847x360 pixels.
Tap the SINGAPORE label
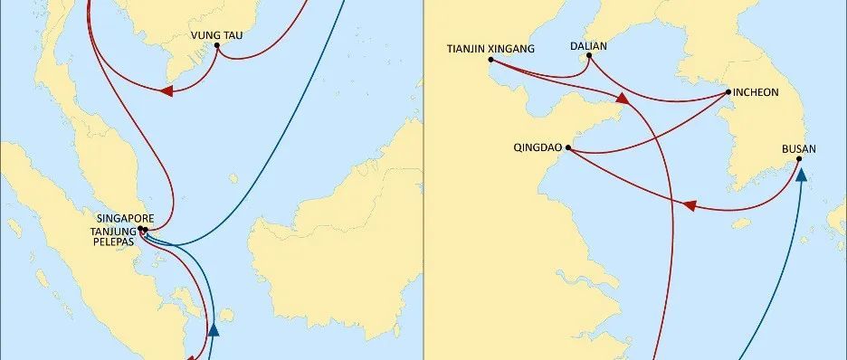tap(123, 219)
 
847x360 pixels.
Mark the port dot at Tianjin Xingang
tap(490, 61)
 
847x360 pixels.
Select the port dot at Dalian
tap(589, 56)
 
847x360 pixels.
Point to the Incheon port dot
tap(728, 92)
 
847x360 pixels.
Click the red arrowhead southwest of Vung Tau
tap(167, 90)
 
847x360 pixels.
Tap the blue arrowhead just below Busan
tap(801, 175)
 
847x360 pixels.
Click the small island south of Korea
tap(742, 223)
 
